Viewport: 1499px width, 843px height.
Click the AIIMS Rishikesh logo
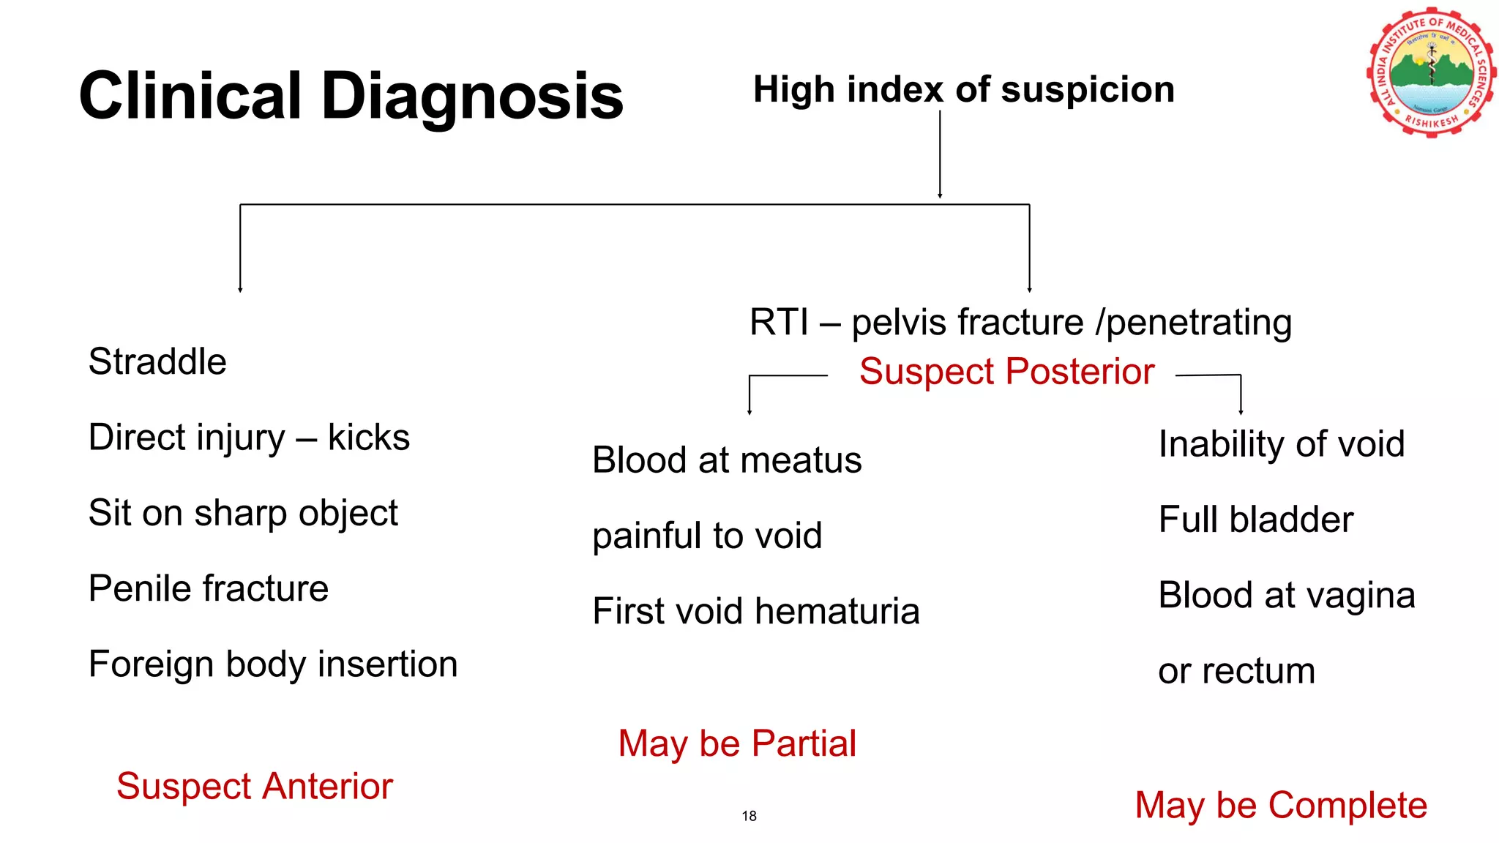tap(1430, 72)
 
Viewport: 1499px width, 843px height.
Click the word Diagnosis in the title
tap(472, 96)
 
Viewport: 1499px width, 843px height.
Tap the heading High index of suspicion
tap(963, 89)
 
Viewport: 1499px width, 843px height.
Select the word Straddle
tap(157, 361)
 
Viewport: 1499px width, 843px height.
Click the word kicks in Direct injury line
tap(368, 438)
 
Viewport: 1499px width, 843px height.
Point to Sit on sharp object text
tap(243, 513)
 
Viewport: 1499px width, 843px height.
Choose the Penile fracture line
tap(209, 588)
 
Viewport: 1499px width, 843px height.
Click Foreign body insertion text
tap(273, 664)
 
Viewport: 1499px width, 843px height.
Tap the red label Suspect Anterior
tap(255, 787)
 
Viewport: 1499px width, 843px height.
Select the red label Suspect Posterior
tap(1006, 372)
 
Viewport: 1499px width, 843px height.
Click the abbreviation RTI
tap(779, 323)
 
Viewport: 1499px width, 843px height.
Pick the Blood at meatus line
tap(727, 460)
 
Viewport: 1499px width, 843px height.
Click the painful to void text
tap(707, 536)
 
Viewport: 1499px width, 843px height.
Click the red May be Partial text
tap(737, 743)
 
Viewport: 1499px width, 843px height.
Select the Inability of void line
tap(1282, 444)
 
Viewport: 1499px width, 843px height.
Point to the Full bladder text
tap(1256, 520)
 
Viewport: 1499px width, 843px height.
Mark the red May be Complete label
tap(1281, 805)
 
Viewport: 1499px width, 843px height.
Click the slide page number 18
tap(749, 816)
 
